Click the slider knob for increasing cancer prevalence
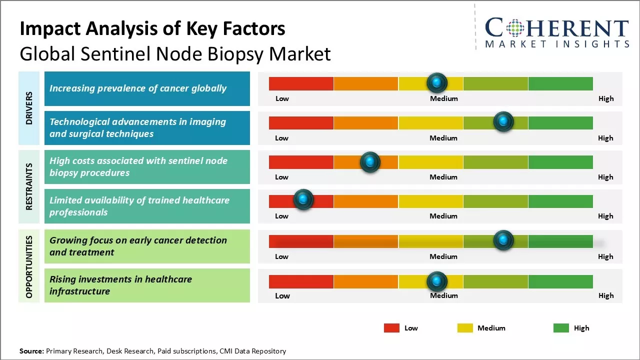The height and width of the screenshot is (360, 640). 437,82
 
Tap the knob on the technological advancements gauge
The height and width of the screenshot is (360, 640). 503,121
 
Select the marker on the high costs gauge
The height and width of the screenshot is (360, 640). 370,161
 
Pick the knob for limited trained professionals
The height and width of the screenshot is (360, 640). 303,199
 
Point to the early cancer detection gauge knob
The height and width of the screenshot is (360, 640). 503,240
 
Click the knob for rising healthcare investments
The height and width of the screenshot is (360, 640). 437,281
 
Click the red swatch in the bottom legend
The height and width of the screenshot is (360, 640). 391,328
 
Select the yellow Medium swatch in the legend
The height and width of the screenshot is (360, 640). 465,328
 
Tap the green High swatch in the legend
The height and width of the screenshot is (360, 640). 561,328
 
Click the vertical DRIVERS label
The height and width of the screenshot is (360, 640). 29,107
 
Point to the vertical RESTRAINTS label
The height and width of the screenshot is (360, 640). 29,186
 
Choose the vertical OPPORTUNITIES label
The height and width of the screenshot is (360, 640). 29,266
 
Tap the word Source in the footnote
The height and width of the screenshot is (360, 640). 31,351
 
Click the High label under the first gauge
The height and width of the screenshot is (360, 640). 606,98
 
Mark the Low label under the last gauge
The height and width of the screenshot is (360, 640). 282,295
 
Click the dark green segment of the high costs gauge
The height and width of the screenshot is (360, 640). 560,162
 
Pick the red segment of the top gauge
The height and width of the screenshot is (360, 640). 301,83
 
